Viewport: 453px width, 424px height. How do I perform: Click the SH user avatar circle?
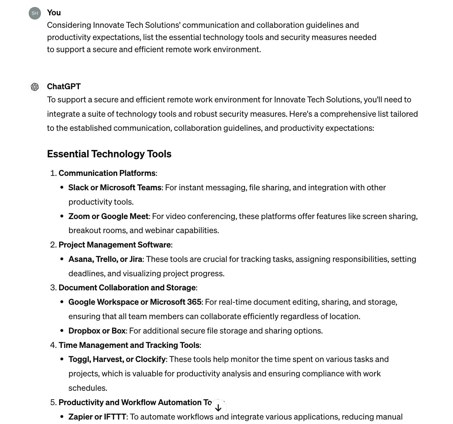35,13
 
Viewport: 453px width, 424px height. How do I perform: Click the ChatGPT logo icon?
35,87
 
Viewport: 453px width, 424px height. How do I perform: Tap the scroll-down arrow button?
218,408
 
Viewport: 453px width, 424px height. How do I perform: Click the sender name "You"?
54,12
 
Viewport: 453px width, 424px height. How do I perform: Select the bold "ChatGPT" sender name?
64,86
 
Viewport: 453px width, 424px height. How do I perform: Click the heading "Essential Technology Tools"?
109,154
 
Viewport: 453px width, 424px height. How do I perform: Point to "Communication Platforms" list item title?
107,173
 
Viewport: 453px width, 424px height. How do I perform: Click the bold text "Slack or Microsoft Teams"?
115,187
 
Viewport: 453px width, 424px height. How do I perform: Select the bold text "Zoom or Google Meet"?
108,216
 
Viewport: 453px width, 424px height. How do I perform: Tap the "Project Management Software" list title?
114,245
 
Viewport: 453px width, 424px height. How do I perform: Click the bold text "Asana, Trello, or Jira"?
105,259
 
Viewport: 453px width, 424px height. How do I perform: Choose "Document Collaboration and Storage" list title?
127,287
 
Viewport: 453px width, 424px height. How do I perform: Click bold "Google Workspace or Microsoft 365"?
134,302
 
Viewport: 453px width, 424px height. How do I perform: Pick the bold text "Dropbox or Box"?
97,331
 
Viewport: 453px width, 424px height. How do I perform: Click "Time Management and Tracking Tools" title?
129,345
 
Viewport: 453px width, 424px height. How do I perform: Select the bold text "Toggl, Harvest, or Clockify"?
117,359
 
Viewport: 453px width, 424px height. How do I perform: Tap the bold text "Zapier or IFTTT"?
97,417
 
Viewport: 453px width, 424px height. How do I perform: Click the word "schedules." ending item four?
88,388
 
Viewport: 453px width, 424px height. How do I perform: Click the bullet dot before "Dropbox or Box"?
62,331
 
